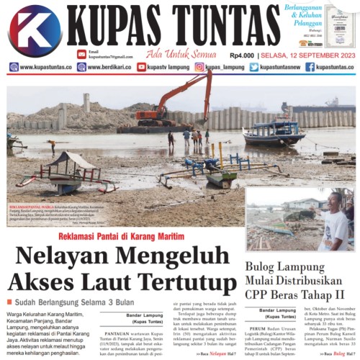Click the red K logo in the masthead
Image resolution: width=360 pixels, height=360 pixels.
point(35,30)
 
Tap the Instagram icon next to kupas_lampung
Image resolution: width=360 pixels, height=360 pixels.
point(199,67)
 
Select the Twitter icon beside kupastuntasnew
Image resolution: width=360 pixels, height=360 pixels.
point(254,67)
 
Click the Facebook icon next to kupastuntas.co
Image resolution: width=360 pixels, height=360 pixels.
point(310,67)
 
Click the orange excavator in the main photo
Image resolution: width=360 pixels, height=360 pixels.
point(173,101)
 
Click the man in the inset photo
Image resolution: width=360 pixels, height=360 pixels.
point(336,219)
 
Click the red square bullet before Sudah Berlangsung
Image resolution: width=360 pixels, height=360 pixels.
point(10,300)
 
